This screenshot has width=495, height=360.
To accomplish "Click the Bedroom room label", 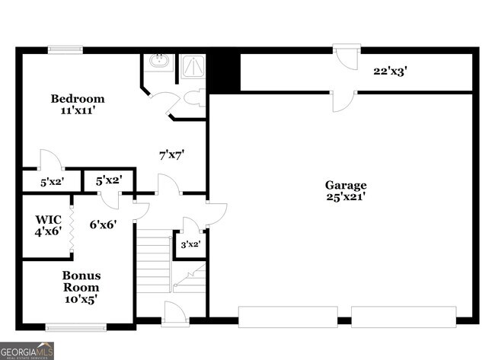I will (x=78, y=99).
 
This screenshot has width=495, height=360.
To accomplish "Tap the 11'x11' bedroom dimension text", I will (x=78, y=111).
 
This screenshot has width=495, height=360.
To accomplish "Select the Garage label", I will (x=346, y=185).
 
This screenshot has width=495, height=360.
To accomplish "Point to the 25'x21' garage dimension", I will (x=346, y=196).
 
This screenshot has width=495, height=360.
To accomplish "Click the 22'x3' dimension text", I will (x=390, y=72).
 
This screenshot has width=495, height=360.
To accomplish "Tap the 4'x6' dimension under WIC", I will (x=47, y=231).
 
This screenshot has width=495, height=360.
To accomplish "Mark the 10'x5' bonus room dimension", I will (x=81, y=298).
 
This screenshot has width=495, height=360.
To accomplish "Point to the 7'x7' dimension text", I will (x=171, y=155).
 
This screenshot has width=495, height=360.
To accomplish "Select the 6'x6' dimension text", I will (x=102, y=224).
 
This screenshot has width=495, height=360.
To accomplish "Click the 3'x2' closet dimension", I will (x=190, y=244).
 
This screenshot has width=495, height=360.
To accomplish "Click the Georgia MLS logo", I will (x=27, y=352).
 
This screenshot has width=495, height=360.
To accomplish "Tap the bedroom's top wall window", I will (x=65, y=51).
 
